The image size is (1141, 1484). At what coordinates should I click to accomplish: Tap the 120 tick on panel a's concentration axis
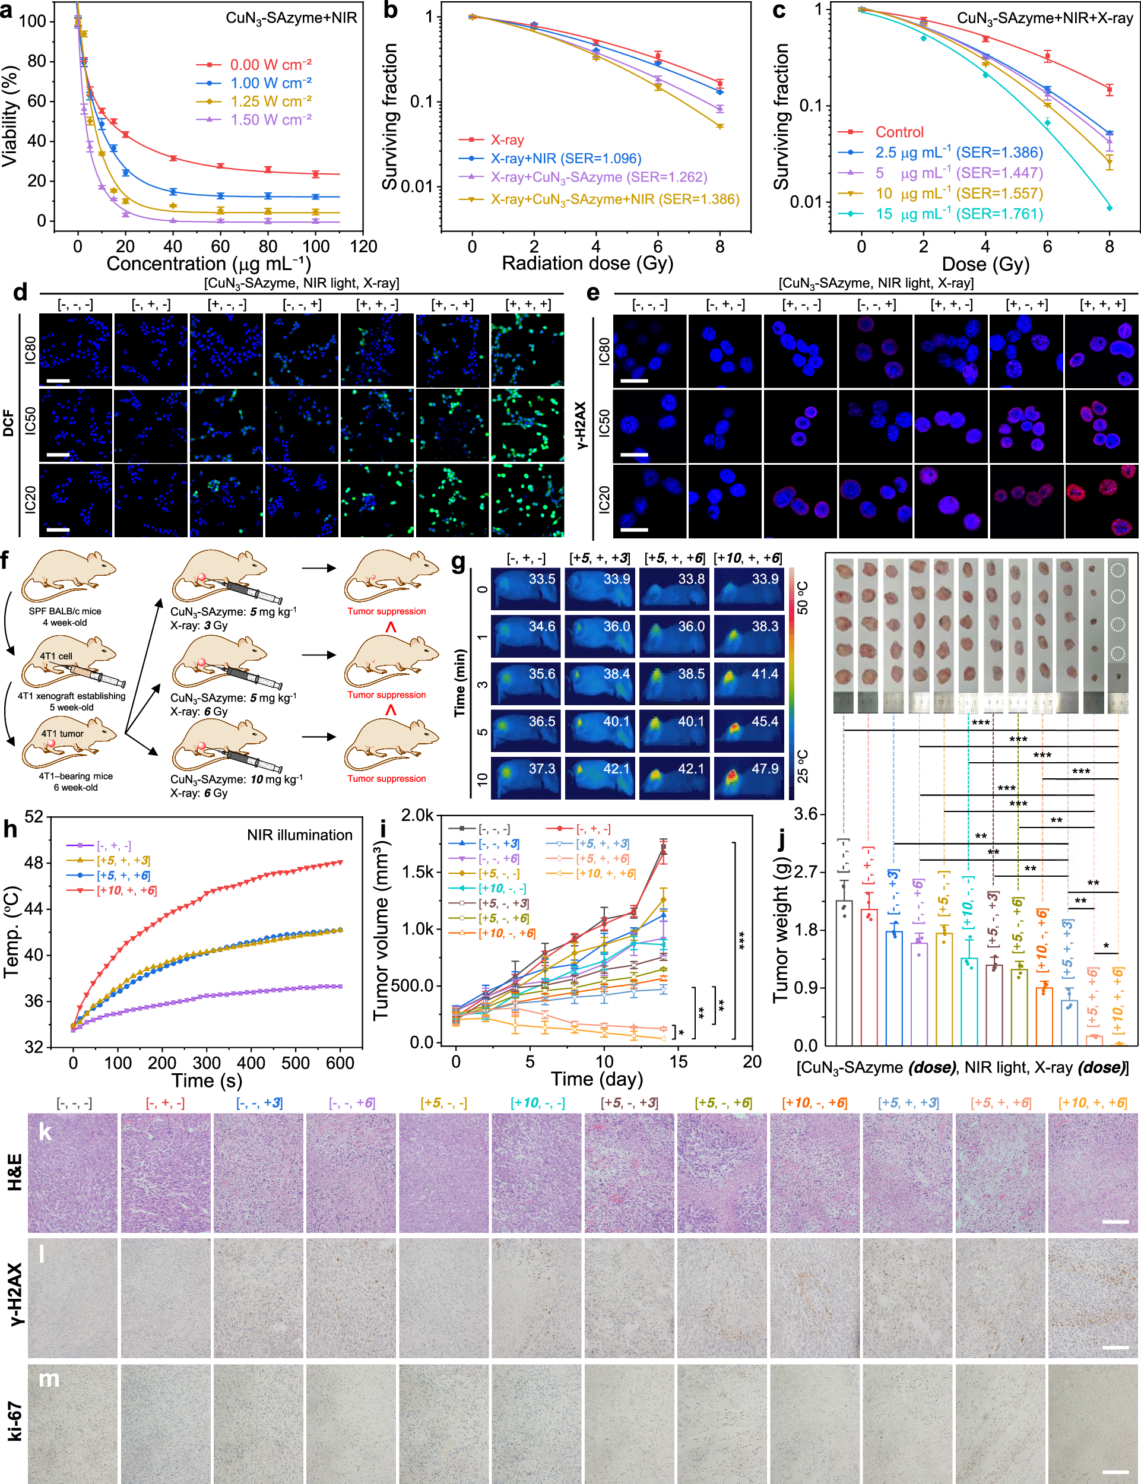pyautogui.click(x=363, y=246)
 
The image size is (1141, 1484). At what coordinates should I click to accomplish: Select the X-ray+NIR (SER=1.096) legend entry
pyautogui.click(x=565, y=158)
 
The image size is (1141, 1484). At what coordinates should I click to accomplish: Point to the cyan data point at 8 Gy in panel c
pyautogui.click(x=1110, y=208)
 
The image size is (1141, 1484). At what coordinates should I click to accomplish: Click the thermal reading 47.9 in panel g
pyautogui.click(x=765, y=769)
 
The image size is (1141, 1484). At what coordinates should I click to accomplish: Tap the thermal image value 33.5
pyautogui.click(x=542, y=579)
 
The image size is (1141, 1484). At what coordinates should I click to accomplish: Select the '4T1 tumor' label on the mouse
pyautogui.click(x=62, y=734)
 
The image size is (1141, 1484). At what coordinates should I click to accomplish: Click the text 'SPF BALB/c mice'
pyautogui.click(x=65, y=611)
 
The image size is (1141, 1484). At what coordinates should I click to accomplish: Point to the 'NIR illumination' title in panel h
pyautogui.click(x=300, y=835)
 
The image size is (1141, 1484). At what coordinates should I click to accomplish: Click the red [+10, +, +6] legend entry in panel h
pyautogui.click(x=126, y=890)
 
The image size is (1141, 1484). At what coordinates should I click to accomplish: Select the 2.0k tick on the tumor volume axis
pyautogui.click(x=417, y=816)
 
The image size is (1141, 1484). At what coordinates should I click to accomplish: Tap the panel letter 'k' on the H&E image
pyautogui.click(x=46, y=1131)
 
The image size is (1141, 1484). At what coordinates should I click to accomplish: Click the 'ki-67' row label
pyautogui.click(x=15, y=1420)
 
